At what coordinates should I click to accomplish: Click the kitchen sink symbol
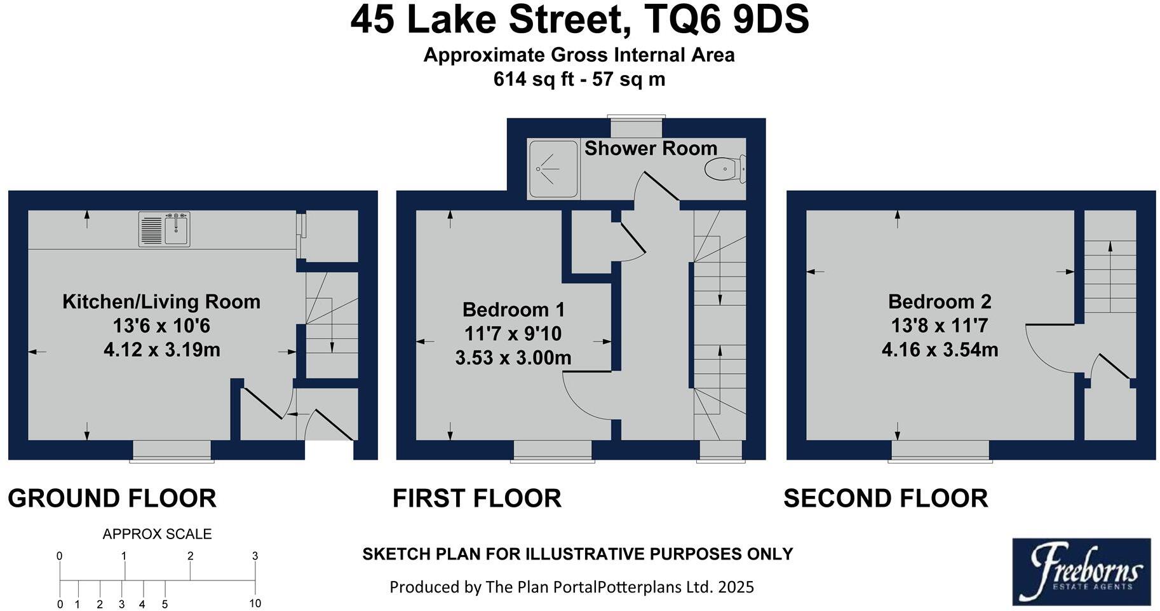[x=165, y=229]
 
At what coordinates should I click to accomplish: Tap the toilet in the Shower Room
[x=724, y=169]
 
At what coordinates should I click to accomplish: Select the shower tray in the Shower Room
[x=553, y=169]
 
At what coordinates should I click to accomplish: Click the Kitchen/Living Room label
[x=161, y=301]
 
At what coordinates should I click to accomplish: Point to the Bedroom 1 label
[x=513, y=310]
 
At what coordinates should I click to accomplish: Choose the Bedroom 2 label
[x=940, y=301]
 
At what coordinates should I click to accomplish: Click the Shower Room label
[x=651, y=148]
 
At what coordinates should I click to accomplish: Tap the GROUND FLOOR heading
[x=112, y=498]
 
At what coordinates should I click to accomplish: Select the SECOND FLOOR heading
[x=886, y=498]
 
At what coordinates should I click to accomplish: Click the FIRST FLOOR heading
[x=477, y=498]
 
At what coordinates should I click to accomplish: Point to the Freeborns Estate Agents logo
[x=1081, y=572]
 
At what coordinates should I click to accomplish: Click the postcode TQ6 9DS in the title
[x=726, y=20]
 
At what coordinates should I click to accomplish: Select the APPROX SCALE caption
[x=157, y=534]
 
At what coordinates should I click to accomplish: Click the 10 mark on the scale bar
[x=255, y=603]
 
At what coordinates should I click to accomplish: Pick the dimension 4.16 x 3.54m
[x=940, y=350]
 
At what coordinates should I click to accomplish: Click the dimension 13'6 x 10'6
[x=161, y=326]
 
